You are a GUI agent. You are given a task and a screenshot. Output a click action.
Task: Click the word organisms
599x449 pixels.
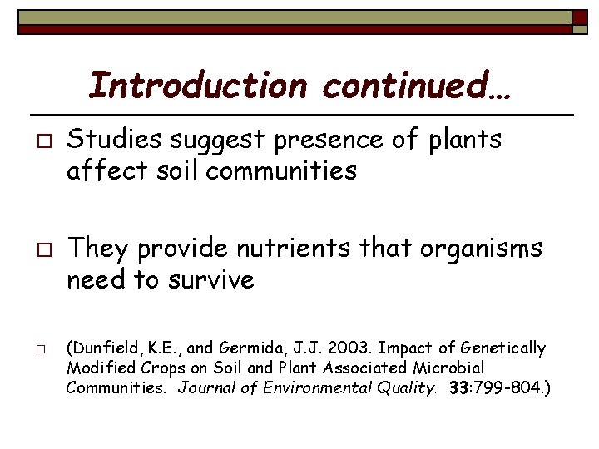click(x=465, y=248)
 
